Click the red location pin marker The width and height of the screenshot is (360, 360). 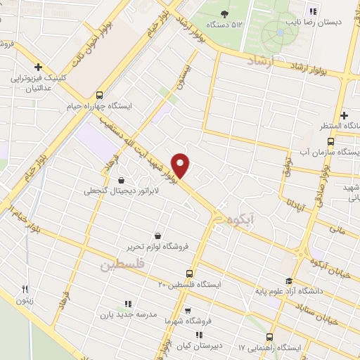pyautogui.click(x=181, y=165)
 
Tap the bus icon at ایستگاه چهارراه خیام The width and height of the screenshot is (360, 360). pyautogui.click(x=99, y=94)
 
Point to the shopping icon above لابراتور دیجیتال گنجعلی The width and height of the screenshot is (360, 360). pyautogui.click(x=123, y=179)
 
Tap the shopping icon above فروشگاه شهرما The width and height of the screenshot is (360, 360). pyautogui.click(x=188, y=309)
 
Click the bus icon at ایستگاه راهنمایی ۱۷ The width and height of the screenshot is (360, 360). pyautogui.click(x=271, y=336)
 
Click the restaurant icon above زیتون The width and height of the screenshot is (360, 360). pyautogui.click(x=23, y=288)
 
